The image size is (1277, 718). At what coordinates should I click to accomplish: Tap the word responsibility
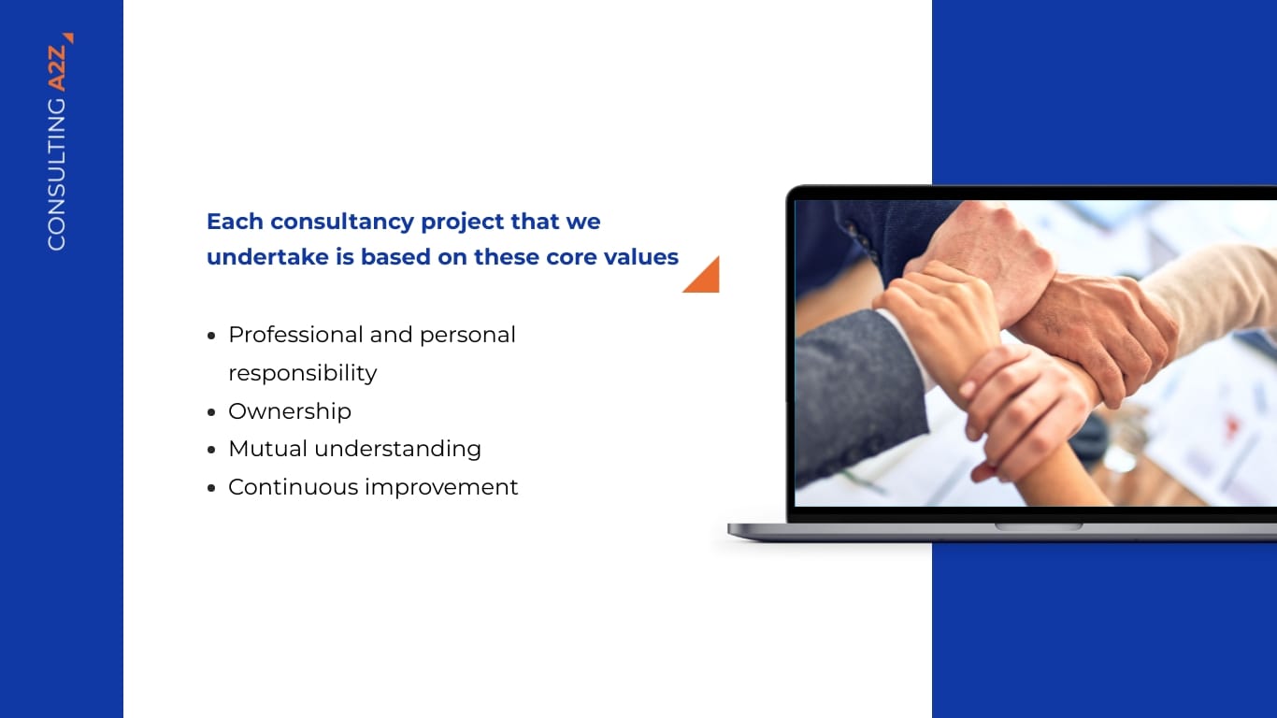tap(302, 373)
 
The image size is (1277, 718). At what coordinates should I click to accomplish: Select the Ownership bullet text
tap(289, 411)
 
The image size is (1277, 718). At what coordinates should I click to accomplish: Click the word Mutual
tap(267, 449)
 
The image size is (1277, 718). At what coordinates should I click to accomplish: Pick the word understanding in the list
tap(397, 449)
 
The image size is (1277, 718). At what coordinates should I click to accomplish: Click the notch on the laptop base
tap(1038, 526)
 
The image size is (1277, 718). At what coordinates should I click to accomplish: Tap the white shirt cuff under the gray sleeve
tap(911, 351)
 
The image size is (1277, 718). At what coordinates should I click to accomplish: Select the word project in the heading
tap(462, 223)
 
